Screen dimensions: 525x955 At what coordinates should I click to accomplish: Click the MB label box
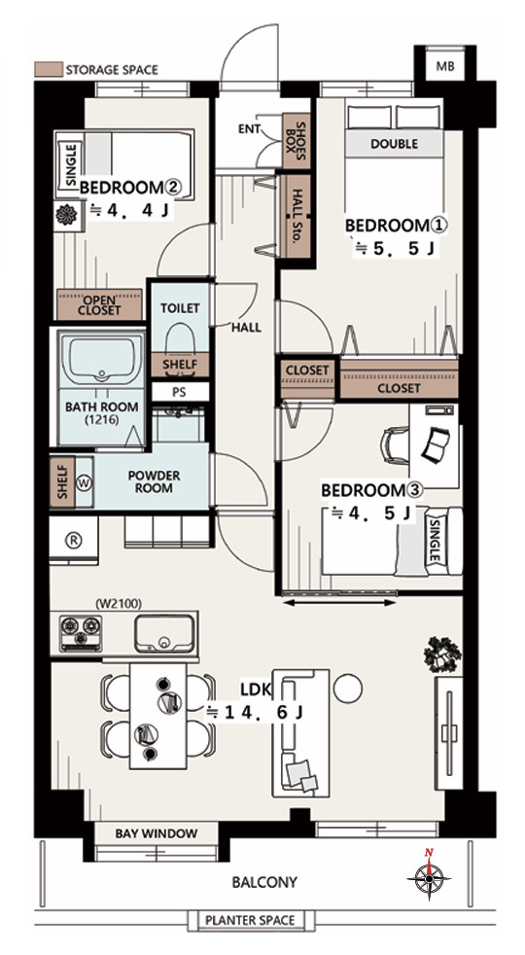click(x=444, y=66)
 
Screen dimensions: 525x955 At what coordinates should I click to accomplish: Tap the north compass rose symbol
click(x=430, y=877)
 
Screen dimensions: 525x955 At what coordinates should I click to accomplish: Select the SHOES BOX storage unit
click(x=297, y=140)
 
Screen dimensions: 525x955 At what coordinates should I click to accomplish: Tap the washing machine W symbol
click(x=85, y=482)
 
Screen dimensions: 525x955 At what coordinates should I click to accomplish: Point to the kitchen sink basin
click(x=164, y=633)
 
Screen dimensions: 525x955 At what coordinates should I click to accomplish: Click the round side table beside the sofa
click(x=348, y=688)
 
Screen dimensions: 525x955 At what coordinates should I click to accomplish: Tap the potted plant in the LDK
click(x=442, y=654)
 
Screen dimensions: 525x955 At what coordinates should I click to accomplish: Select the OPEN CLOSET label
click(x=99, y=305)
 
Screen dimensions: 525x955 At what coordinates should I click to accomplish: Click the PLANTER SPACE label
click(x=250, y=920)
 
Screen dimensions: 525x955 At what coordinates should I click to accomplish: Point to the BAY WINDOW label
click(x=157, y=833)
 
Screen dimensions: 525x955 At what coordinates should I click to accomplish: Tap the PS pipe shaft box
click(x=180, y=392)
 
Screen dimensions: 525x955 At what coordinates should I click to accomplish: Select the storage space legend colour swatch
click(x=48, y=69)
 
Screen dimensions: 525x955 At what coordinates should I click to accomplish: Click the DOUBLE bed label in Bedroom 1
click(x=394, y=144)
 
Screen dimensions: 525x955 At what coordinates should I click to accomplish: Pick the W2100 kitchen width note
click(x=120, y=604)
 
